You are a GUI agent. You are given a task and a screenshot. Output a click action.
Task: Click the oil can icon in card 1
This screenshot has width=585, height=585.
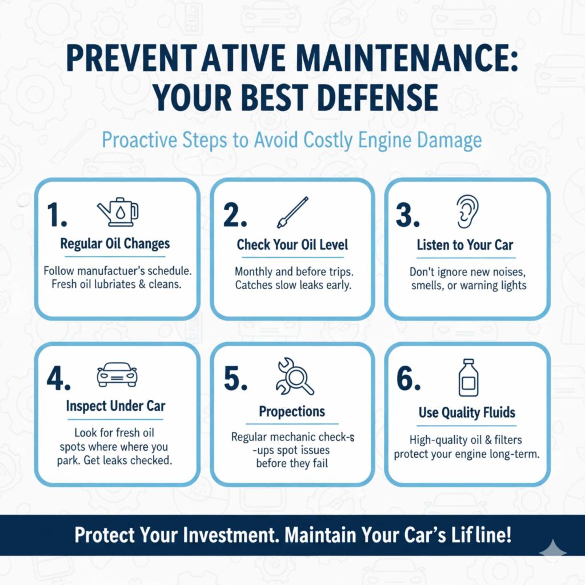click(118, 212)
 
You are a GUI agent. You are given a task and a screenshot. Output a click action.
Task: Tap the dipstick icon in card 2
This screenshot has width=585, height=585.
click(292, 213)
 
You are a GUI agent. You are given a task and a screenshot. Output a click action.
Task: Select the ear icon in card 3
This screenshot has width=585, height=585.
click(467, 211)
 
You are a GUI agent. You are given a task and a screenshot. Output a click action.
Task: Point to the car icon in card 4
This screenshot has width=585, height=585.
click(117, 375)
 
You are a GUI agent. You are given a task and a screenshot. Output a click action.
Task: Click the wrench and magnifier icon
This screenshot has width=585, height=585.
click(294, 376)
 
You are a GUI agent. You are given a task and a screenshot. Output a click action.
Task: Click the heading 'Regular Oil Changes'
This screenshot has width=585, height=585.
click(115, 244)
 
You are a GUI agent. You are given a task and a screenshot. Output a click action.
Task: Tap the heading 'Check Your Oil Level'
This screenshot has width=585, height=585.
click(292, 245)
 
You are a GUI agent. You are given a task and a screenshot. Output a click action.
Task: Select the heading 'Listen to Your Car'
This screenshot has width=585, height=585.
click(464, 246)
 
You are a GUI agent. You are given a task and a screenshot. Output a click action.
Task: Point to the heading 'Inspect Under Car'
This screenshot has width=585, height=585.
click(115, 406)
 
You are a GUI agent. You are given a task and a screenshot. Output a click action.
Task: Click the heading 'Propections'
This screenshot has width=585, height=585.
click(292, 411)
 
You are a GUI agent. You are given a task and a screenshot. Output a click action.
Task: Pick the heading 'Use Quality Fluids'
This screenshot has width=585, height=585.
click(467, 412)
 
